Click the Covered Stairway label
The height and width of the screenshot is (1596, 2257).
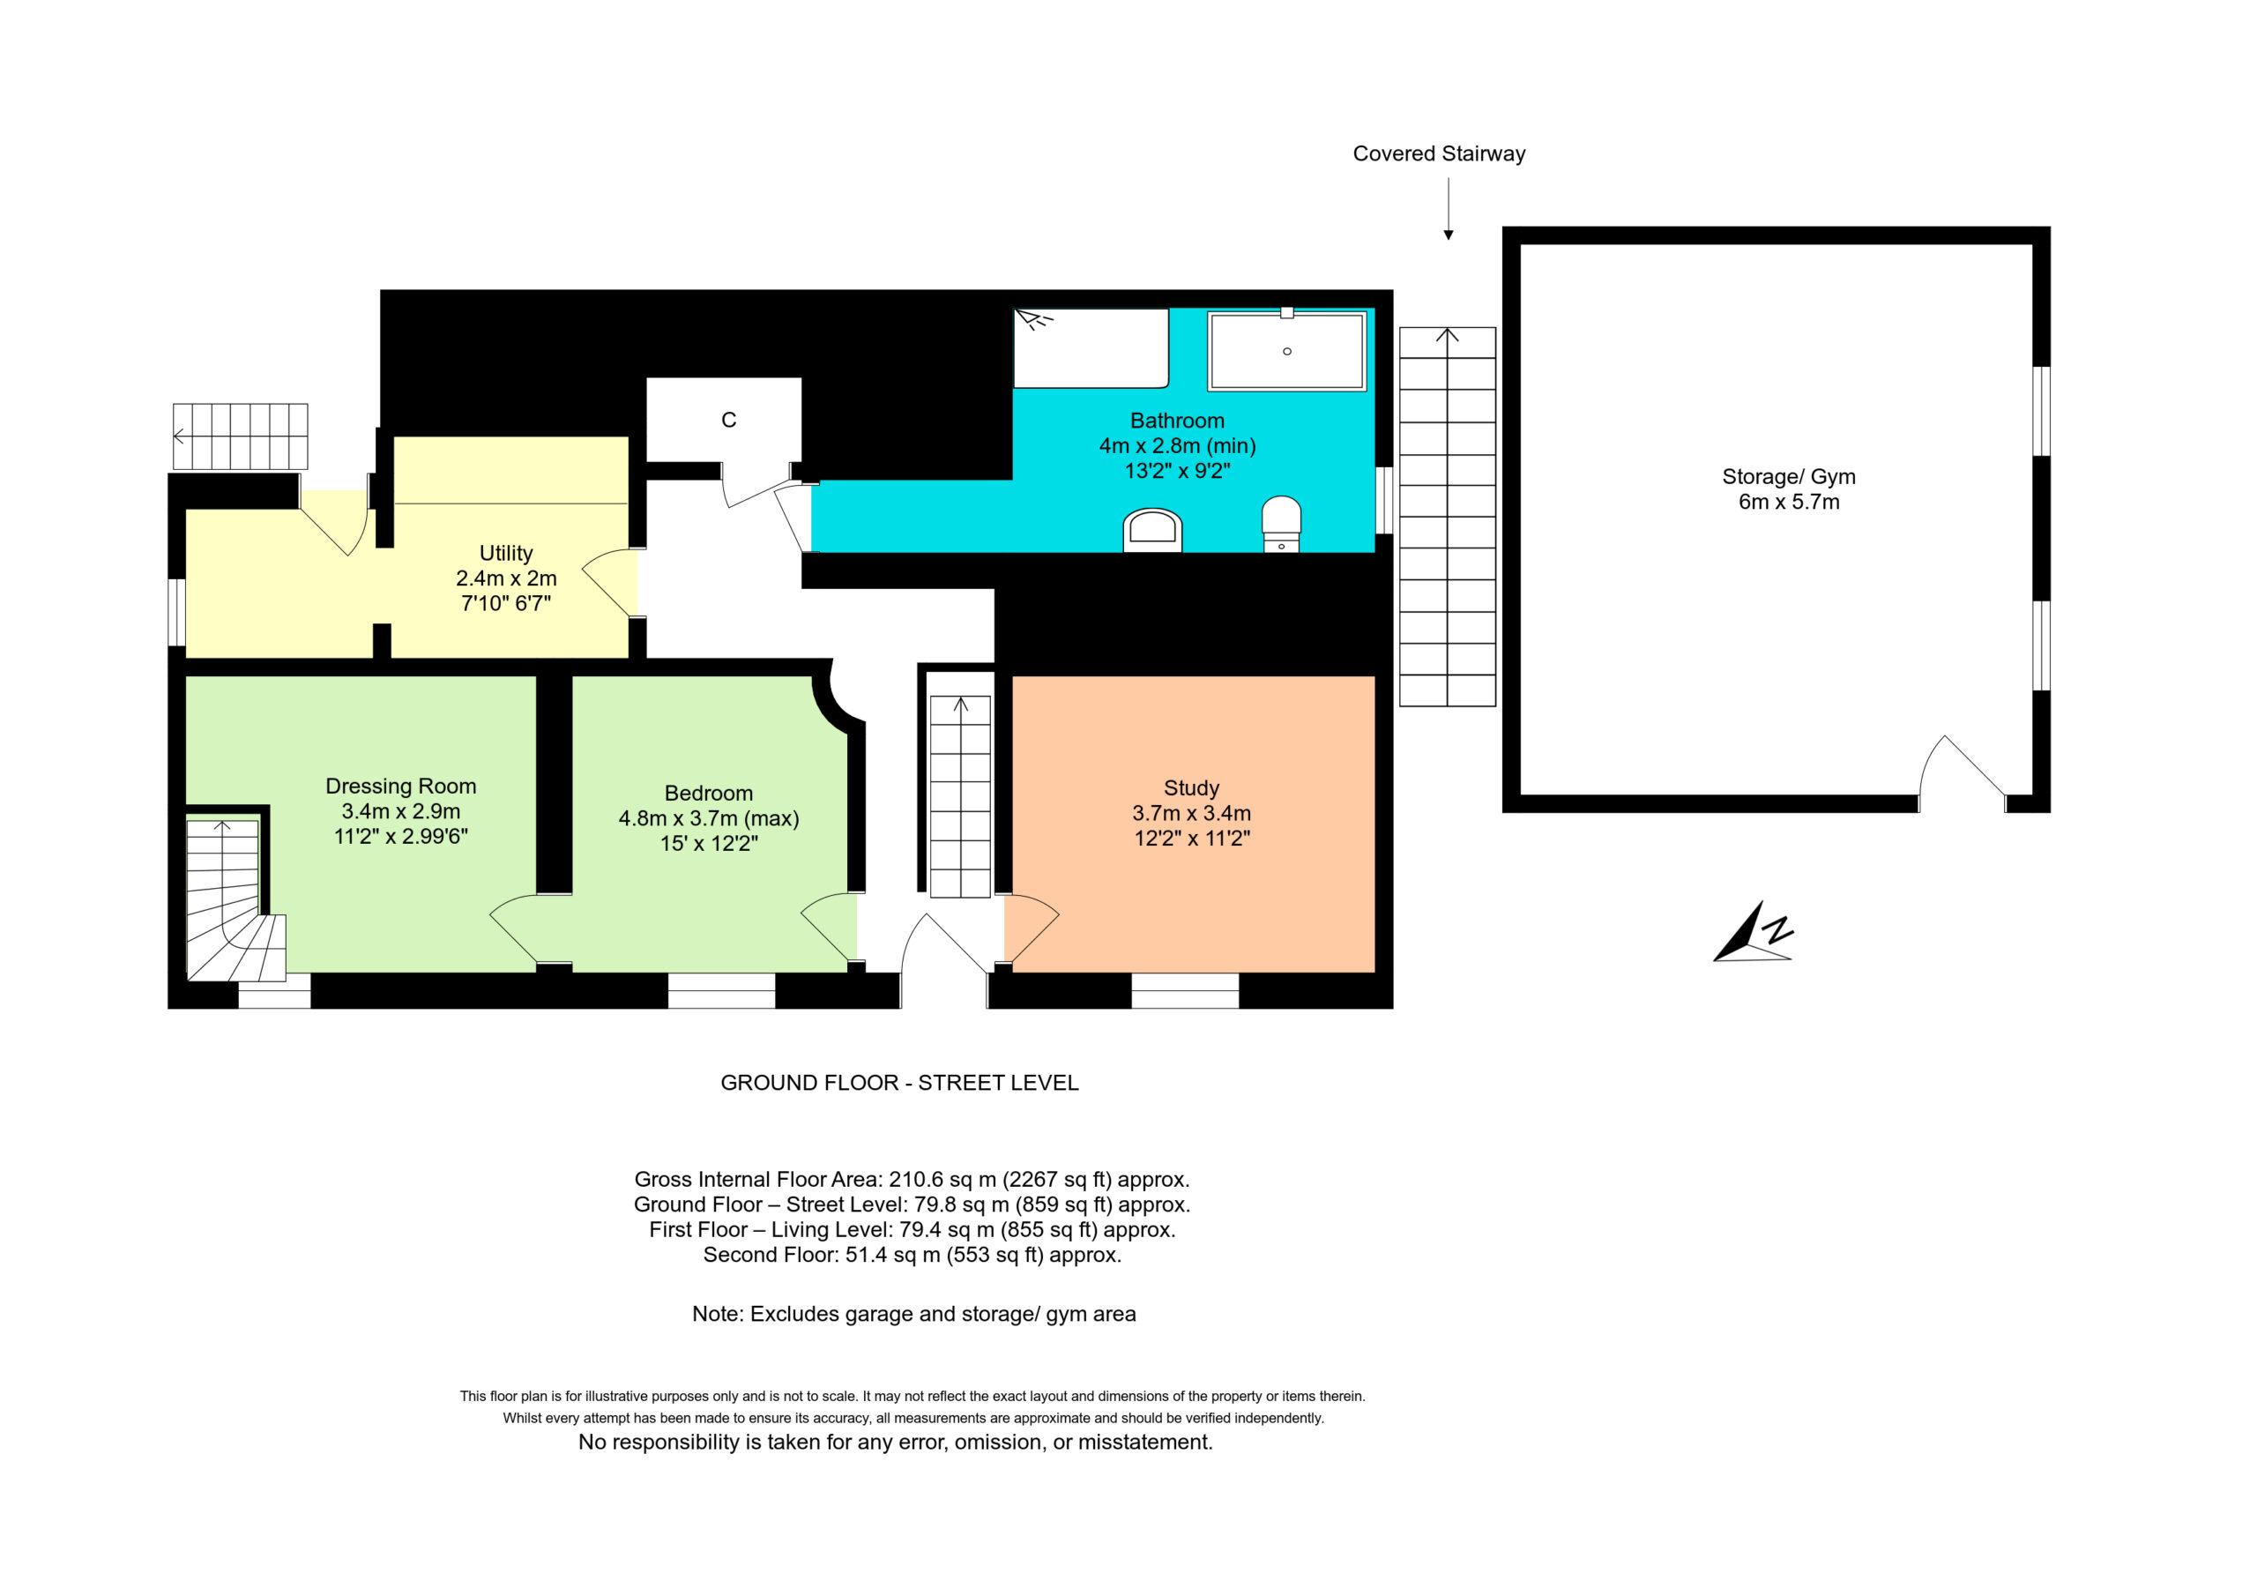pyautogui.click(x=1438, y=153)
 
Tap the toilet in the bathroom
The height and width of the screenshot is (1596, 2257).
pyautogui.click(x=1281, y=523)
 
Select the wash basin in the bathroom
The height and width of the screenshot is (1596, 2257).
pyautogui.click(x=1152, y=530)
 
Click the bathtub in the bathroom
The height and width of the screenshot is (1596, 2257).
pyautogui.click(x=1287, y=351)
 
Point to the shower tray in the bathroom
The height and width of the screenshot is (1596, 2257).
pyautogui.click(x=1091, y=348)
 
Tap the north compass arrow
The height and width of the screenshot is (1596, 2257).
pyautogui.click(x=1753, y=932)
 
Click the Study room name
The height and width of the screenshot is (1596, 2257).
pyautogui.click(x=1191, y=787)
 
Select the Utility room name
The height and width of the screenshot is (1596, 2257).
pyautogui.click(x=506, y=553)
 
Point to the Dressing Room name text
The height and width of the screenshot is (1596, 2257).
pyautogui.click(x=401, y=786)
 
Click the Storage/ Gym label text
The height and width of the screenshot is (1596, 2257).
pyautogui.click(x=1789, y=477)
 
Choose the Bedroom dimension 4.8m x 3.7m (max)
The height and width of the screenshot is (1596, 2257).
pyautogui.click(x=709, y=818)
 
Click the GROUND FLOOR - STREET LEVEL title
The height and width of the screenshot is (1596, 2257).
pyautogui.click(x=899, y=1083)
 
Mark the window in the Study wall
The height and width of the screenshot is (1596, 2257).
pyautogui.click(x=1185, y=990)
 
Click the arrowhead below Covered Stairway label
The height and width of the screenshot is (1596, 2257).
pyautogui.click(x=1448, y=235)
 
